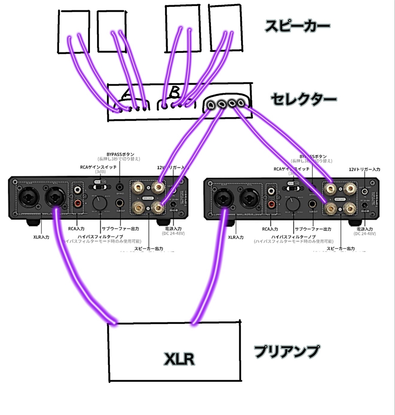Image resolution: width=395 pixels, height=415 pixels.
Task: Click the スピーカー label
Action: [x=297, y=26]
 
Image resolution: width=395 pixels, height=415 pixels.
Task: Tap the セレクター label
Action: [x=304, y=99]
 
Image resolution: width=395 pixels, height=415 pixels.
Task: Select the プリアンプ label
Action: [x=287, y=351]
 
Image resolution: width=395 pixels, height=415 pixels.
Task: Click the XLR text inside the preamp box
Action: [x=179, y=359]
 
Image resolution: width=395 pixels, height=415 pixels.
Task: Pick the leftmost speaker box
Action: [x=73, y=32]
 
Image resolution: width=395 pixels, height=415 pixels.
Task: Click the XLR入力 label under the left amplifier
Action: [x=41, y=237]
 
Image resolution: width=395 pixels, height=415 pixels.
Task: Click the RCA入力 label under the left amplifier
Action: [x=76, y=229]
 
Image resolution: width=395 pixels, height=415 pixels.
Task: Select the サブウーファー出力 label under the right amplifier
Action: [x=313, y=229]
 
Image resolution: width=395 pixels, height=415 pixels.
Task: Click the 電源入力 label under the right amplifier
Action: [x=365, y=229]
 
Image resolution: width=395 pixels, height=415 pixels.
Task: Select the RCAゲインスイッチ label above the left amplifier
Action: [x=98, y=167]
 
